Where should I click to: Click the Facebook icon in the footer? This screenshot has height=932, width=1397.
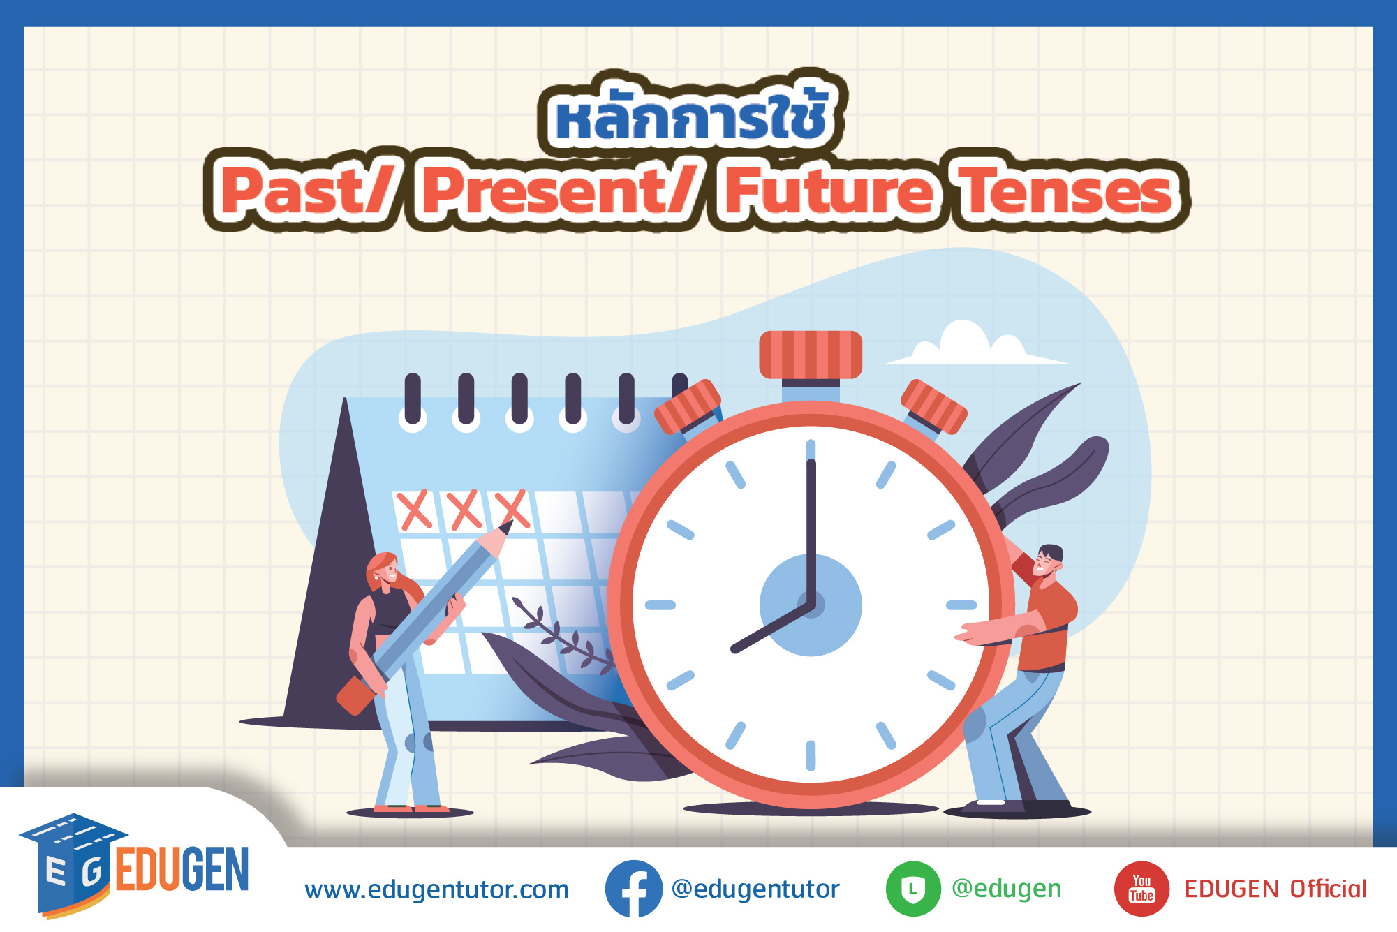point(634,889)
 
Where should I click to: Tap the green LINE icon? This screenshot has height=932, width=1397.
point(913,889)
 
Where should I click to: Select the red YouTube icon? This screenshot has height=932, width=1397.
point(1141,889)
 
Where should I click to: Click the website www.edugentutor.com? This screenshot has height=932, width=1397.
point(437,890)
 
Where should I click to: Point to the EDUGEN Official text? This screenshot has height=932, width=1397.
point(1276,889)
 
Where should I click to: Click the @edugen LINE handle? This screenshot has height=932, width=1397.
point(1007,889)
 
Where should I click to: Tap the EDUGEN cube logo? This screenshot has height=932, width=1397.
point(73,866)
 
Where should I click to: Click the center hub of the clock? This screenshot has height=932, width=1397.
point(811,605)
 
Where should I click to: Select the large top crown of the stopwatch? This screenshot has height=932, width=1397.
point(811,355)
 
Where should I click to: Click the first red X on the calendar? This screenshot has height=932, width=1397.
point(415,510)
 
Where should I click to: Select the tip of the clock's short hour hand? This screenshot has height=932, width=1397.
point(734,649)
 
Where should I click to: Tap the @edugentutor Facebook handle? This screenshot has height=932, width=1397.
point(755,889)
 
